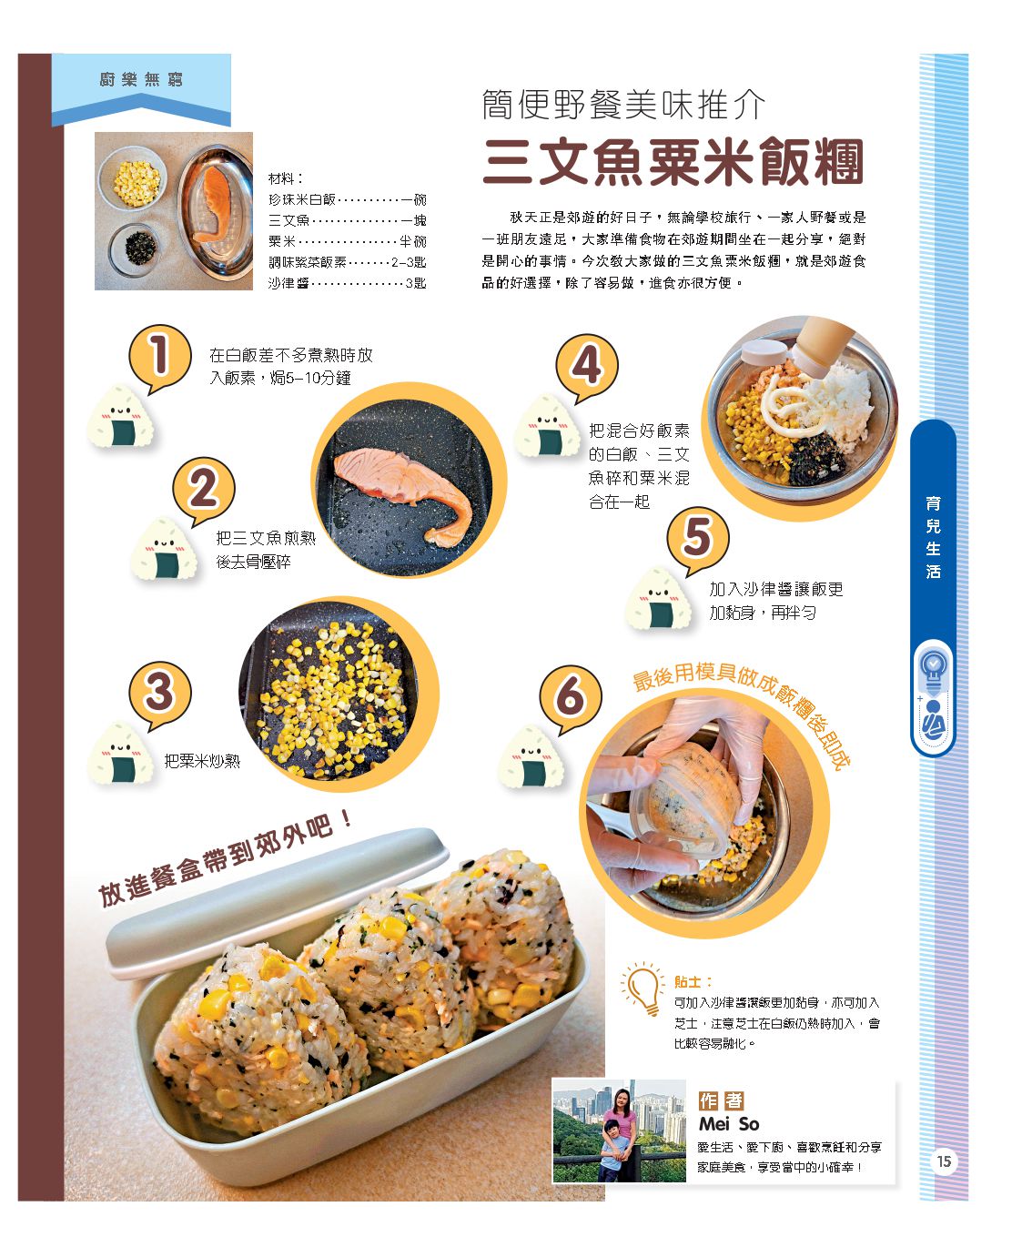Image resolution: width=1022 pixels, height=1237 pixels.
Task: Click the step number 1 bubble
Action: (x=160, y=357)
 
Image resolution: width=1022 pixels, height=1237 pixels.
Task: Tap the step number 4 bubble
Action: (x=587, y=366)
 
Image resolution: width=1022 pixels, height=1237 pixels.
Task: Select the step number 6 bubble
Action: (x=570, y=696)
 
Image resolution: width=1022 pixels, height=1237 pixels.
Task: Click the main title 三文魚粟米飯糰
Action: (x=673, y=162)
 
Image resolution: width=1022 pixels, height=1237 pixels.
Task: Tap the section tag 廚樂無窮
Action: (x=141, y=79)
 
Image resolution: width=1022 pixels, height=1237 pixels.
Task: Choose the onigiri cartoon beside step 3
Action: (x=121, y=753)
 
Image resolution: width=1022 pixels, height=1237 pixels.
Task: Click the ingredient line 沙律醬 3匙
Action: (x=347, y=283)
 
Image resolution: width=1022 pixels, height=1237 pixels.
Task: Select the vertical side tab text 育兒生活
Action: (x=933, y=537)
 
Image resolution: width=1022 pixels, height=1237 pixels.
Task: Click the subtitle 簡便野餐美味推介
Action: (x=623, y=105)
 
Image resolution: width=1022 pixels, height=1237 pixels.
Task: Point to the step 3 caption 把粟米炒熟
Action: (x=202, y=761)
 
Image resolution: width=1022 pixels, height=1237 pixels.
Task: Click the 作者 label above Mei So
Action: (x=721, y=1100)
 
